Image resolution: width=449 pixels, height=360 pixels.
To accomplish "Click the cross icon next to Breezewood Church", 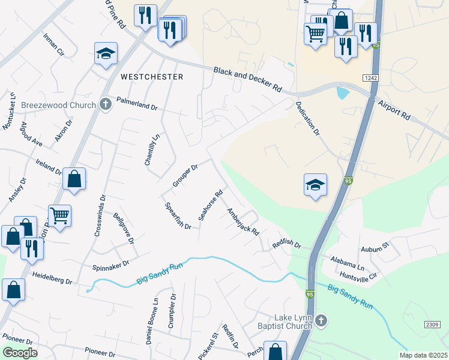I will [x=106, y=104].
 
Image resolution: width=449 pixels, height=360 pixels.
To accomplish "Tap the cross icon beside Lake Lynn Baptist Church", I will [x=321, y=321].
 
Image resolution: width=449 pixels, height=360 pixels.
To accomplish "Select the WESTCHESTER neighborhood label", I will [x=151, y=77].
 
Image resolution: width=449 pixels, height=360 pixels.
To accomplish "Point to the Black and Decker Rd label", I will [x=248, y=79].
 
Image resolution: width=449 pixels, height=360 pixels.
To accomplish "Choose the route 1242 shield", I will [x=370, y=78].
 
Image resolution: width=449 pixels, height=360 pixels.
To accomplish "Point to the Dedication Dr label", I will [x=307, y=119].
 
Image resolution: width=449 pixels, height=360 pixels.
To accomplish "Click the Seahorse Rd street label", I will [x=211, y=205].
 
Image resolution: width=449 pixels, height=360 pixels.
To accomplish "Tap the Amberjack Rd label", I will [x=243, y=221].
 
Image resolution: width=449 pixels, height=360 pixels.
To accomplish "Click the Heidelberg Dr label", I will [x=52, y=281].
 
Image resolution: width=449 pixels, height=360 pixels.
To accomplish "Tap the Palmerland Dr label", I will [x=137, y=104].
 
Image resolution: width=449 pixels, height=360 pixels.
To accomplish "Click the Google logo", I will [x=20, y=352].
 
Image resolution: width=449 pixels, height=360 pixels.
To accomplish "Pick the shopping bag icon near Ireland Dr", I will [x=74, y=179].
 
